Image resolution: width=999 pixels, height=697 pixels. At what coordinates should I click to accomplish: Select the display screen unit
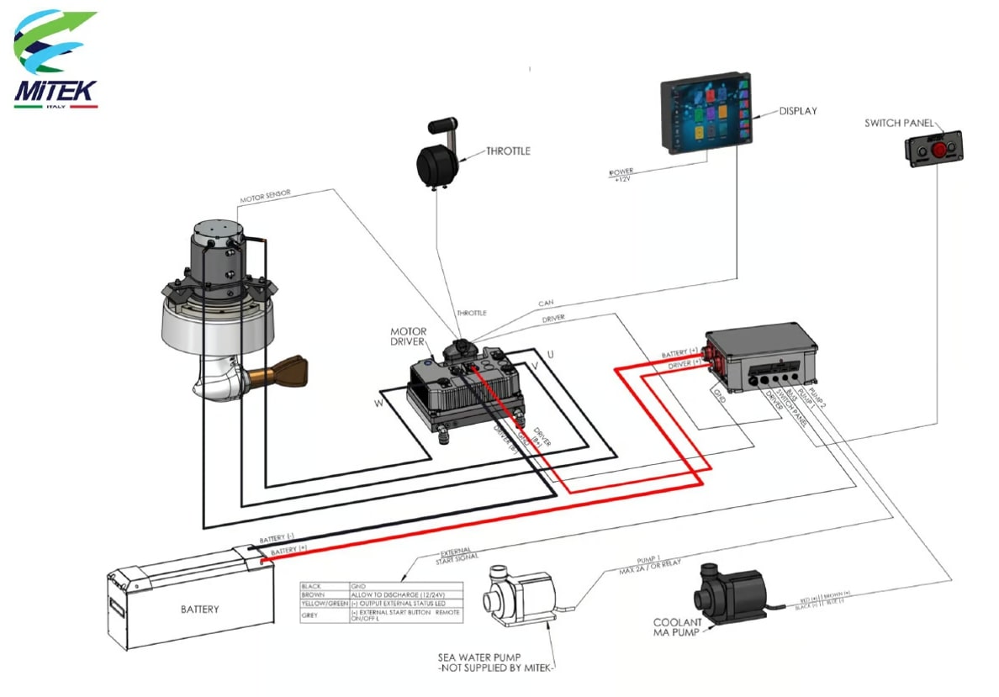(x=705, y=113)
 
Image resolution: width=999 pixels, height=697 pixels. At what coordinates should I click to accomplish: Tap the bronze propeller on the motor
(x=285, y=371)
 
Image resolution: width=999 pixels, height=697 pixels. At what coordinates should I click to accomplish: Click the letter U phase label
(x=550, y=353)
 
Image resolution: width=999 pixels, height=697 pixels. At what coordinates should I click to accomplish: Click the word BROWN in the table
(x=313, y=594)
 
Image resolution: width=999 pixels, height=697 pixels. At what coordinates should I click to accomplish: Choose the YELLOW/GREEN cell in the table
(x=325, y=605)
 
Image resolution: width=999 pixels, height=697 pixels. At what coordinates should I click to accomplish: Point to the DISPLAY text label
(x=797, y=110)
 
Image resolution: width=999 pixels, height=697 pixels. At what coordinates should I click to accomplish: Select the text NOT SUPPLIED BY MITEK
(x=496, y=668)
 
